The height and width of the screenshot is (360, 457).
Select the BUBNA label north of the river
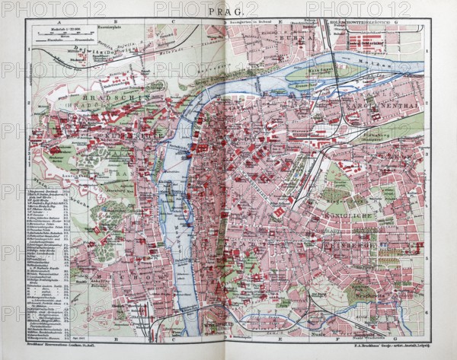(286, 35)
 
